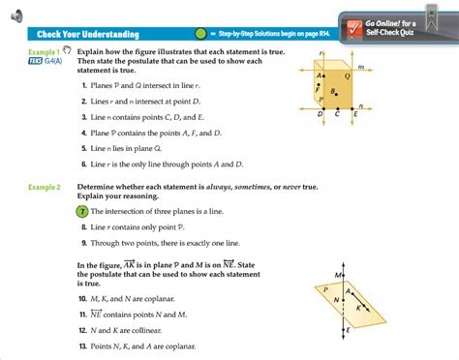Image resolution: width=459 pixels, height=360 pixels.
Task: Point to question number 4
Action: tap(85, 131)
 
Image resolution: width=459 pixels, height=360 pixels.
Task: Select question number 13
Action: tap(84, 345)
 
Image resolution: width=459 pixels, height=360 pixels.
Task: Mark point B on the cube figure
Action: tap(333, 93)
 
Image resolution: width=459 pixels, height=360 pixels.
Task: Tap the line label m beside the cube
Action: tap(361, 67)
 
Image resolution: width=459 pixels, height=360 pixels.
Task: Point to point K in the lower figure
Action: tap(360, 307)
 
